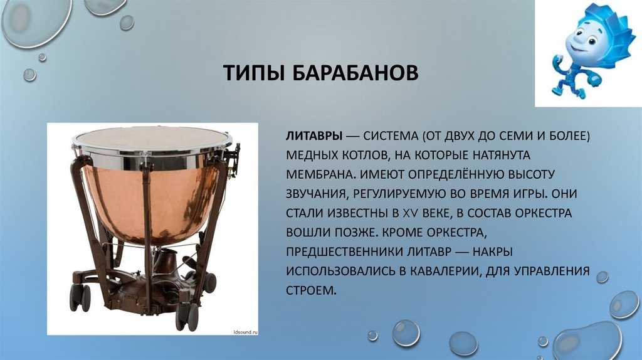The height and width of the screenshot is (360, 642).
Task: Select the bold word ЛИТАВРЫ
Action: point(314,136)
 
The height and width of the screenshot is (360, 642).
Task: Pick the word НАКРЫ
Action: point(493,252)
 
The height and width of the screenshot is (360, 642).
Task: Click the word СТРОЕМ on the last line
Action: point(311,290)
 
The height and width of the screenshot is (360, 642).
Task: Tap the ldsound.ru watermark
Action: point(245,332)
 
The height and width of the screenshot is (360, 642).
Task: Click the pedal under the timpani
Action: point(166,262)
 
